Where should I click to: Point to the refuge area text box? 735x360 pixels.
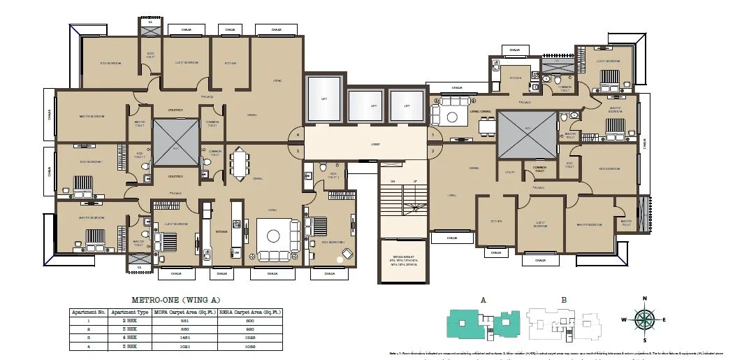pyautogui.click(x=404, y=261)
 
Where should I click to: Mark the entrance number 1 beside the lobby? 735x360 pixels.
pyautogui.click(x=433, y=134)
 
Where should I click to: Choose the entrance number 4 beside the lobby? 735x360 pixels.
pyautogui.click(x=298, y=134)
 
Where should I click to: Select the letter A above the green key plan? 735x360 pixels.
pyautogui.click(x=483, y=300)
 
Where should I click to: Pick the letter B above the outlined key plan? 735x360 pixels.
pyautogui.click(x=564, y=300)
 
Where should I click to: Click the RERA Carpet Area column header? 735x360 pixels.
pyautogui.click(x=250, y=312)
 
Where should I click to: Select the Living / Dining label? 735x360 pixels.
pyautogui.click(x=479, y=111)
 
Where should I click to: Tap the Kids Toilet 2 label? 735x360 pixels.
pyautogui.click(x=334, y=176)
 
